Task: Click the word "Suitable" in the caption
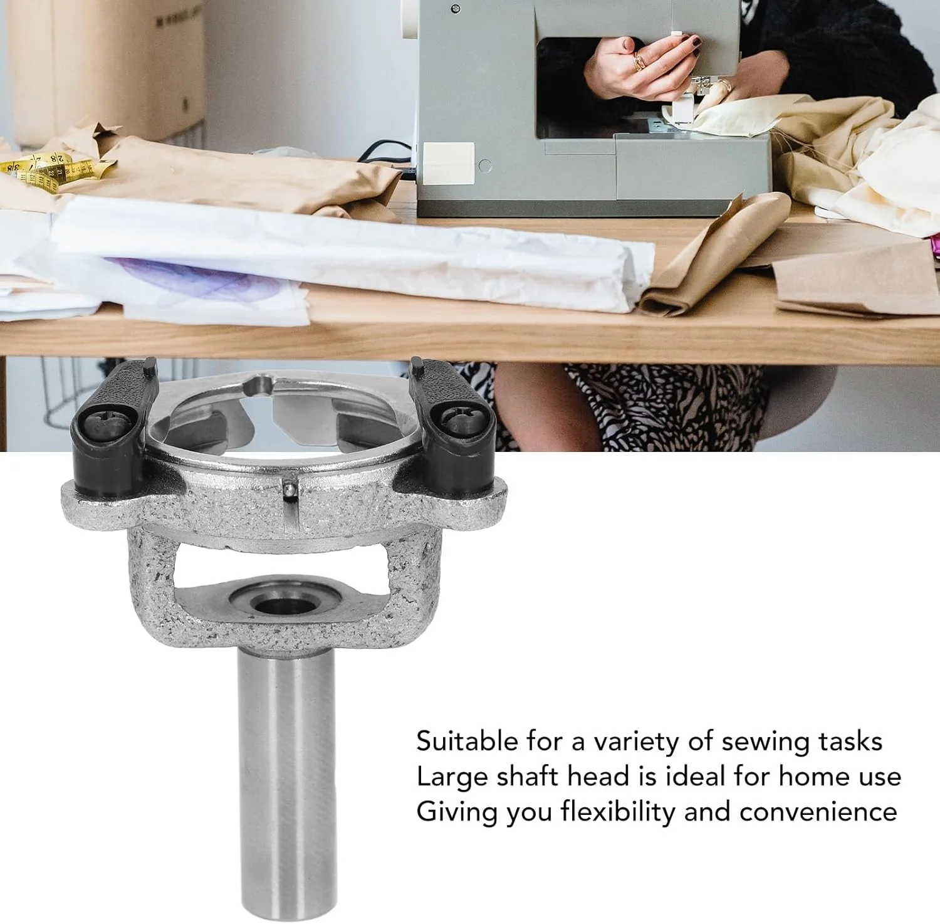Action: click(467, 742)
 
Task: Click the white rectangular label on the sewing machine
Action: click(449, 163)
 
